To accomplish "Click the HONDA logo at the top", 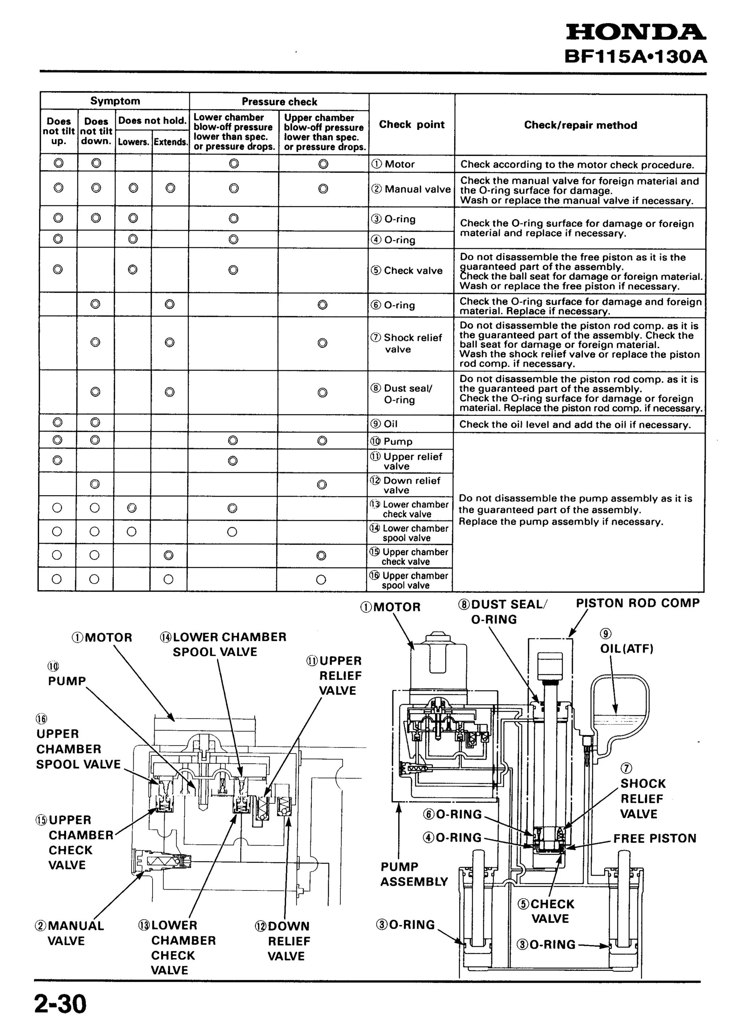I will [636, 33].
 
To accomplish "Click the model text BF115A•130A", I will [635, 57].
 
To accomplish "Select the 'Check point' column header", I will [412, 125].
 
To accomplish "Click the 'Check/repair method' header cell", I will [580, 125].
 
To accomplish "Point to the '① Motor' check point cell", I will [393, 164].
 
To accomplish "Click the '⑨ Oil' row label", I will [384, 424].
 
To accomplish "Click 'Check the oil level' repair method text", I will [575, 424].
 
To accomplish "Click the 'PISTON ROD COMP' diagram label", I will [638, 603].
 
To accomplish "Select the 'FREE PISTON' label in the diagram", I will [655, 838].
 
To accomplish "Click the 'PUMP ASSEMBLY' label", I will [414, 874].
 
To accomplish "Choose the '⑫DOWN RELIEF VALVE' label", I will [283, 941].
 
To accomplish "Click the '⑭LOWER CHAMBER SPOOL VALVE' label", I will [223, 644].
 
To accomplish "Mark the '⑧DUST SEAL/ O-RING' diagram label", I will [502, 612].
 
